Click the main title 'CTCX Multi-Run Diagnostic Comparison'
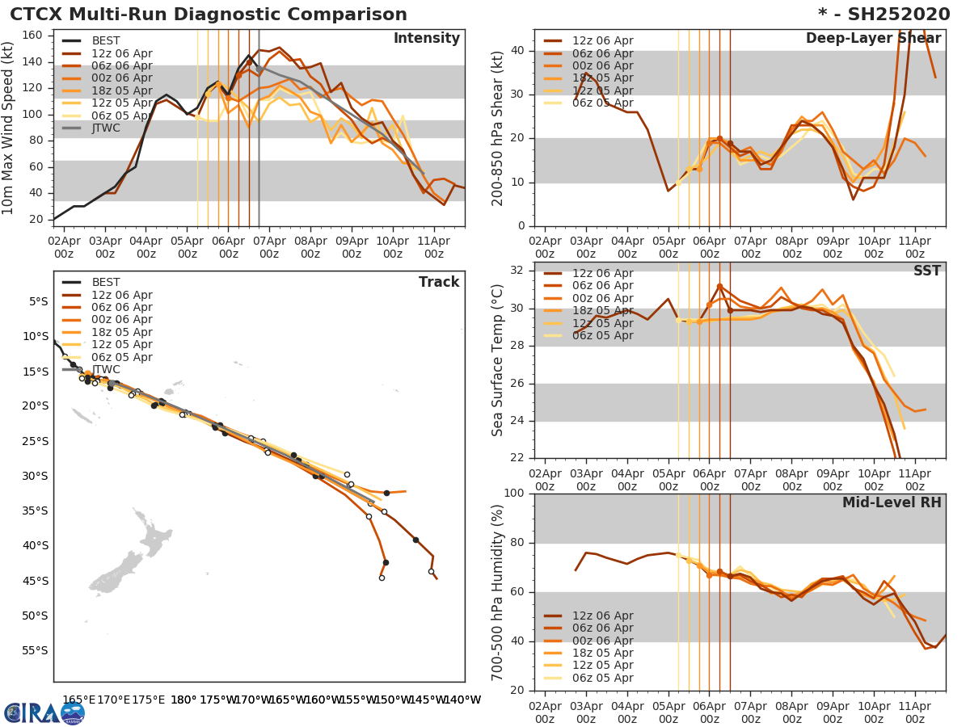pos(209,15)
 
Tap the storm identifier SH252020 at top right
pos(894,15)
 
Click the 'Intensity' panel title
pos(426,39)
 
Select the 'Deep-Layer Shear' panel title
pos(873,39)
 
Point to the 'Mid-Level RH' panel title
pos(892,502)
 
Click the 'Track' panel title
pos(439,282)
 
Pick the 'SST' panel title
pos(928,271)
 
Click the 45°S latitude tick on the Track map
pos(35,581)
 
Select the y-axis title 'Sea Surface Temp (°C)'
pos(498,360)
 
